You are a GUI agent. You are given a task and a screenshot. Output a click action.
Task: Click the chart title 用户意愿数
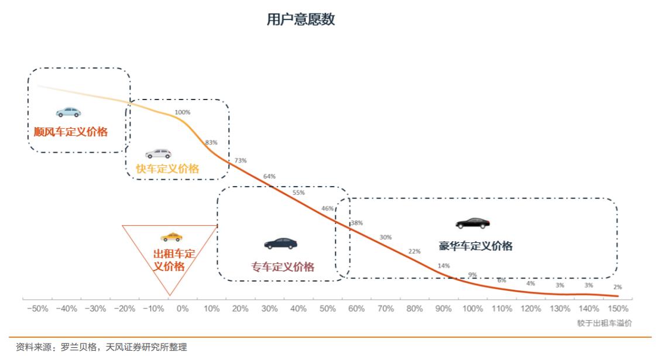[x=300, y=19]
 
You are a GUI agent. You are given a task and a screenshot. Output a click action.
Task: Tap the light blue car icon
[x=68, y=112]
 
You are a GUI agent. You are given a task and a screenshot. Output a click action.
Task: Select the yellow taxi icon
[x=171, y=237]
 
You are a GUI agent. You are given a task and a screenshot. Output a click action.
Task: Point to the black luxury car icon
[x=472, y=223]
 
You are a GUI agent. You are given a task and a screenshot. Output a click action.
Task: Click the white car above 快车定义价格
[x=158, y=154]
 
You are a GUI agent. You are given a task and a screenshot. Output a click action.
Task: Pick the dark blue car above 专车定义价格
[x=280, y=244]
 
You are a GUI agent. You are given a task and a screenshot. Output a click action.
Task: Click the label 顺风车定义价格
[x=70, y=132]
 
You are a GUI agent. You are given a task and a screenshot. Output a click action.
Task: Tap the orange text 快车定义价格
[x=167, y=169]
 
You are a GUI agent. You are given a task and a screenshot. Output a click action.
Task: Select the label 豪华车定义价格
[x=475, y=246]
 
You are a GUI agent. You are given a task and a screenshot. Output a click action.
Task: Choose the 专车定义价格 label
[x=283, y=267]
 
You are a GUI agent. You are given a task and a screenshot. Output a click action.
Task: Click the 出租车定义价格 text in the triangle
[x=174, y=260]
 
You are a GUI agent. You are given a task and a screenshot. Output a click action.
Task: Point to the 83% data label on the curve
[x=211, y=143]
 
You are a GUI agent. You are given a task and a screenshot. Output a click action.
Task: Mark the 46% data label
[x=327, y=209]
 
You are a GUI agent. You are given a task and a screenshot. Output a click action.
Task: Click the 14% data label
[x=443, y=266]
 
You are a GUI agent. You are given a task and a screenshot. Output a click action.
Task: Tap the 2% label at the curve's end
[x=617, y=287]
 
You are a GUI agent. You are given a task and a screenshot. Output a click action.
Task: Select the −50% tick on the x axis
[x=37, y=308]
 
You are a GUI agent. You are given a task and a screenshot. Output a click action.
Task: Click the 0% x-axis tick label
[x=183, y=308]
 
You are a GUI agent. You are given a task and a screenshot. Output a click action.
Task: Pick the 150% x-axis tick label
[x=618, y=308]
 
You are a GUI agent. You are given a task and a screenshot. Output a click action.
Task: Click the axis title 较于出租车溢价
[x=604, y=323]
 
